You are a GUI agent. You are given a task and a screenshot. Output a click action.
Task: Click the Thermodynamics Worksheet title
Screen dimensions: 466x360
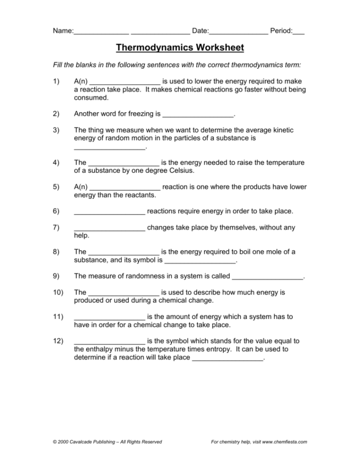[x=180, y=48]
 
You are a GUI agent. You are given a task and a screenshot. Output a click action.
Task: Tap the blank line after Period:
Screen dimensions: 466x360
[x=298, y=32]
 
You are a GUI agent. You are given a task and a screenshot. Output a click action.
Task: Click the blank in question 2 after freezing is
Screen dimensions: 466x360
[x=198, y=115]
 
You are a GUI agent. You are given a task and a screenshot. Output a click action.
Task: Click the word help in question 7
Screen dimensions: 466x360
[x=82, y=235]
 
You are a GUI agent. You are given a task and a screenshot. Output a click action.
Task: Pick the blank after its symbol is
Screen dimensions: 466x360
[x=200, y=260]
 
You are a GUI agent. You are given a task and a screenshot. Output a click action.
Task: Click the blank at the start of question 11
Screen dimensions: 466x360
[x=110, y=318]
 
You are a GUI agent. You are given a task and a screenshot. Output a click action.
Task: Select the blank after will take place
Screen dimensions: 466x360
[x=227, y=358]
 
